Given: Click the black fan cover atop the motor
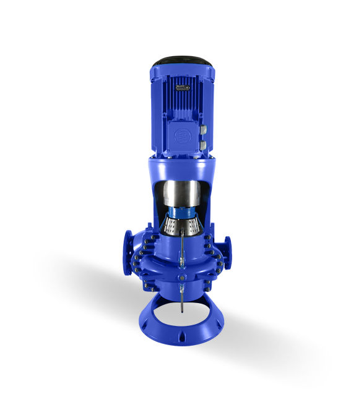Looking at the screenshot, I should tap(181, 61).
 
